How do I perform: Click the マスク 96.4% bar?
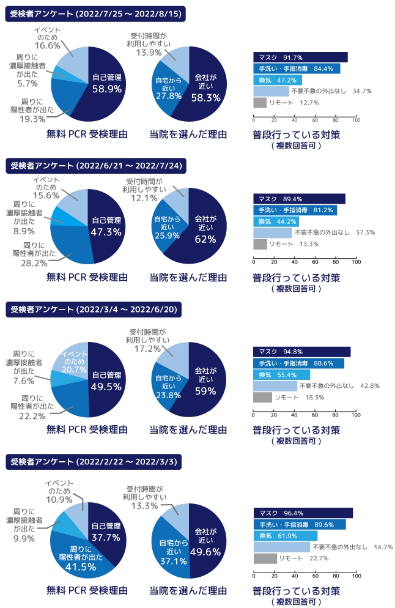303,513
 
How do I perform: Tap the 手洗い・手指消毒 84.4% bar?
296,69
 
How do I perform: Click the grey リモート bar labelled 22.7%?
265,558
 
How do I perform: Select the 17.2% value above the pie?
147,349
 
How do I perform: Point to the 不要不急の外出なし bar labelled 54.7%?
281,547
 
